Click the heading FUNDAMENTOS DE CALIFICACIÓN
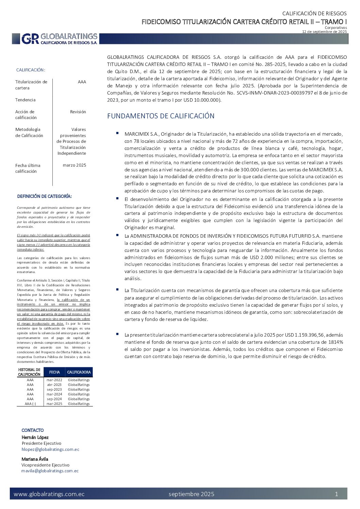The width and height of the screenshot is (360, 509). [x=161, y=116]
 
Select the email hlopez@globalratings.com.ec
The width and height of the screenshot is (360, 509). [x=50, y=449]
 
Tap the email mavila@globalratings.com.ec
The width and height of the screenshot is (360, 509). [x=50, y=471]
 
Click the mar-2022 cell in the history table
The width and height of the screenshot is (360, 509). [x=54, y=380]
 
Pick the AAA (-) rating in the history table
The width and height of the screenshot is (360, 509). [x=30, y=404]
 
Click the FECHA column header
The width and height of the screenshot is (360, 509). [x=54, y=372]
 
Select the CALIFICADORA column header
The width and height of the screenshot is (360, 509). [x=79, y=372]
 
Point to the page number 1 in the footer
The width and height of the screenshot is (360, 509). [x=337, y=494]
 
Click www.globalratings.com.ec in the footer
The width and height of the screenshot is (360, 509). [x=49, y=494]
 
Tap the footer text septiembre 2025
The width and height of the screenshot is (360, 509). [x=192, y=494]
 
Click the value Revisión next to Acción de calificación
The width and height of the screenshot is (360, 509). [x=78, y=112]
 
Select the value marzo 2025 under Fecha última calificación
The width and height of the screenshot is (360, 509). [x=75, y=165]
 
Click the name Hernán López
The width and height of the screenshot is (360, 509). [x=35, y=437]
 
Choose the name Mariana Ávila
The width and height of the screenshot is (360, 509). [x=35, y=459]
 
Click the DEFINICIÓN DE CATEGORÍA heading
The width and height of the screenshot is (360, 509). [x=45, y=196]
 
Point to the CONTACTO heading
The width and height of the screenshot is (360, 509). [x=33, y=430]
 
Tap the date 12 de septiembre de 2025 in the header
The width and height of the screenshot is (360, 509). [x=325, y=32]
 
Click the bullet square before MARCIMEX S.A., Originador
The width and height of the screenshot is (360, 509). [x=117, y=133]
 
